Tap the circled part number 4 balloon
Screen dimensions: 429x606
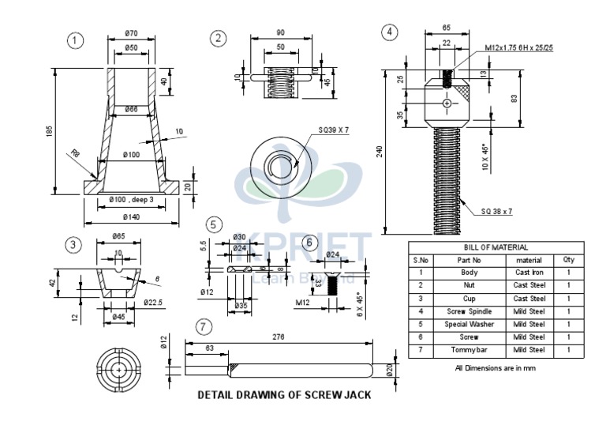coord(388,32)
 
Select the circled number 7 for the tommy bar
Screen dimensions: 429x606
coord(204,326)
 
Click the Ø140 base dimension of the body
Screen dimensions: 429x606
coord(131,217)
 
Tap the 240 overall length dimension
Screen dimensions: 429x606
coord(380,152)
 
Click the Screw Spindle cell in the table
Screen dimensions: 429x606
coord(469,311)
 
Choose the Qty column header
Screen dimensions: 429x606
coord(568,258)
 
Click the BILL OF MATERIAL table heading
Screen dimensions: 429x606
coord(496,246)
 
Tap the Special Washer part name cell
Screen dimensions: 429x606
coord(469,324)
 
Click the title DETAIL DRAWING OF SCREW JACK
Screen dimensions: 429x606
coord(284,394)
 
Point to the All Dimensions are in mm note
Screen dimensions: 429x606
coord(495,367)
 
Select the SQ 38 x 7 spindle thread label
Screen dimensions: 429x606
coord(497,211)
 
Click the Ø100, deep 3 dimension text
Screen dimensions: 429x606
coord(131,200)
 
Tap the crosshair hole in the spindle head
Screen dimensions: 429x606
coord(447,103)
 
